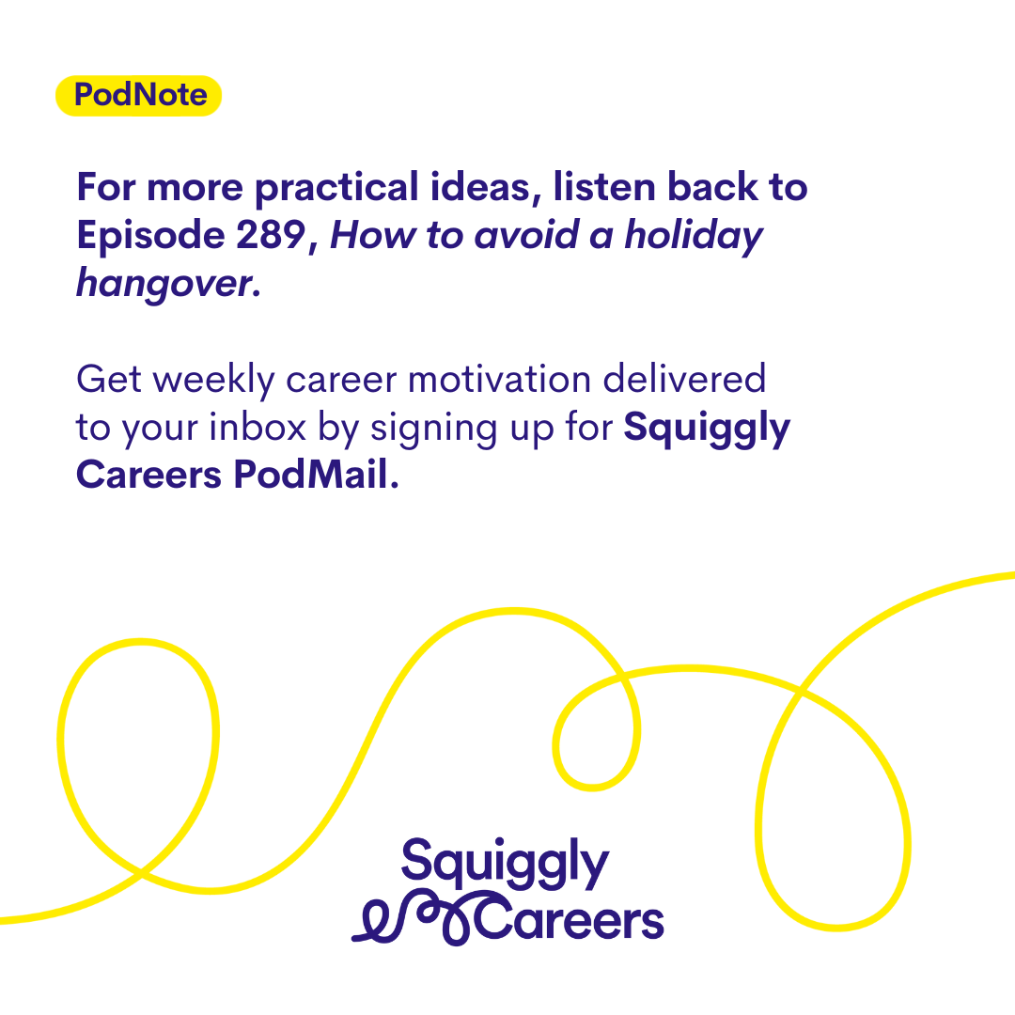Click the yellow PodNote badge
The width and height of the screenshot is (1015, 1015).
point(138,96)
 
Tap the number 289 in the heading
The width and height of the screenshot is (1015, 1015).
point(271,234)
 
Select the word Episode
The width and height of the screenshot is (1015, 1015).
point(150,236)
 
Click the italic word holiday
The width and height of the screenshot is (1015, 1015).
point(694,236)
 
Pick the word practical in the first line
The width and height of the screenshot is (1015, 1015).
point(336,188)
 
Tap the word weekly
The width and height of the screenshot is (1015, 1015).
point(214,380)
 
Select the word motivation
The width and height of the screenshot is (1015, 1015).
point(500,379)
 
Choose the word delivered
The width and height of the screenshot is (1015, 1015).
point(684,379)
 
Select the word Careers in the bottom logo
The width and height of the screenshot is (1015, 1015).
point(570,919)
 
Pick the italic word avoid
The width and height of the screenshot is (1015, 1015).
point(526,234)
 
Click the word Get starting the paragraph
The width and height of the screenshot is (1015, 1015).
point(109,379)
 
